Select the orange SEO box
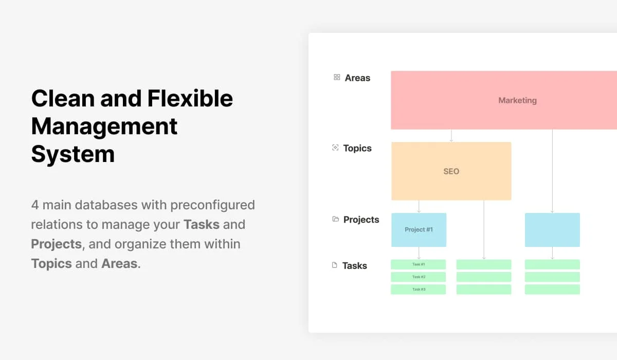point(451,171)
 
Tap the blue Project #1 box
point(419,230)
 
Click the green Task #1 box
point(419,264)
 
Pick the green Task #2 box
point(419,277)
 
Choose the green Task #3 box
point(419,290)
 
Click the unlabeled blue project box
point(552,230)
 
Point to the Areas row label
point(357,78)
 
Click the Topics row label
point(357,148)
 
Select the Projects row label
point(361,220)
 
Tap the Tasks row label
point(355,266)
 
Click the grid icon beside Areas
point(337,77)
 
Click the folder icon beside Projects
point(336,219)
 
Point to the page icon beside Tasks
point(335,265)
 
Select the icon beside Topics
point(335,148)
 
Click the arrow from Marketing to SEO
point(451,136)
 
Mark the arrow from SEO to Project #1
point(419,206)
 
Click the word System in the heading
point(72,154)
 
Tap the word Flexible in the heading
point(190,98)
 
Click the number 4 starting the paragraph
point(35,205)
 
